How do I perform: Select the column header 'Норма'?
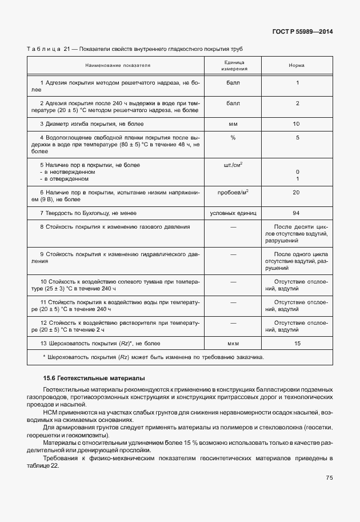[297, 66]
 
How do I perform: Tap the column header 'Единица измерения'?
[233, 65]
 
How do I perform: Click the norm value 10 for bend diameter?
[296, 123]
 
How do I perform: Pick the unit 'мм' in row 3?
[233, 123]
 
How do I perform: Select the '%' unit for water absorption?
[233, 138]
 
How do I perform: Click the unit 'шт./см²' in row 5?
[233, 165]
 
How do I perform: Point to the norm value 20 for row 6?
[296, 192]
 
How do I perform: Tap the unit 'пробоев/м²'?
[233, 192]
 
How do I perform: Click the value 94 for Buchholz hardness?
[296, 213]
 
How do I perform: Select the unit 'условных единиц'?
[233, 213]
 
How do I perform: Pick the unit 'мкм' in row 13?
[233, 343]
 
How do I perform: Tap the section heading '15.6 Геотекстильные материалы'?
[94, 378]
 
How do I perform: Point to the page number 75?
[329, 478]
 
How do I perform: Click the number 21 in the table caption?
[67, 49]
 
